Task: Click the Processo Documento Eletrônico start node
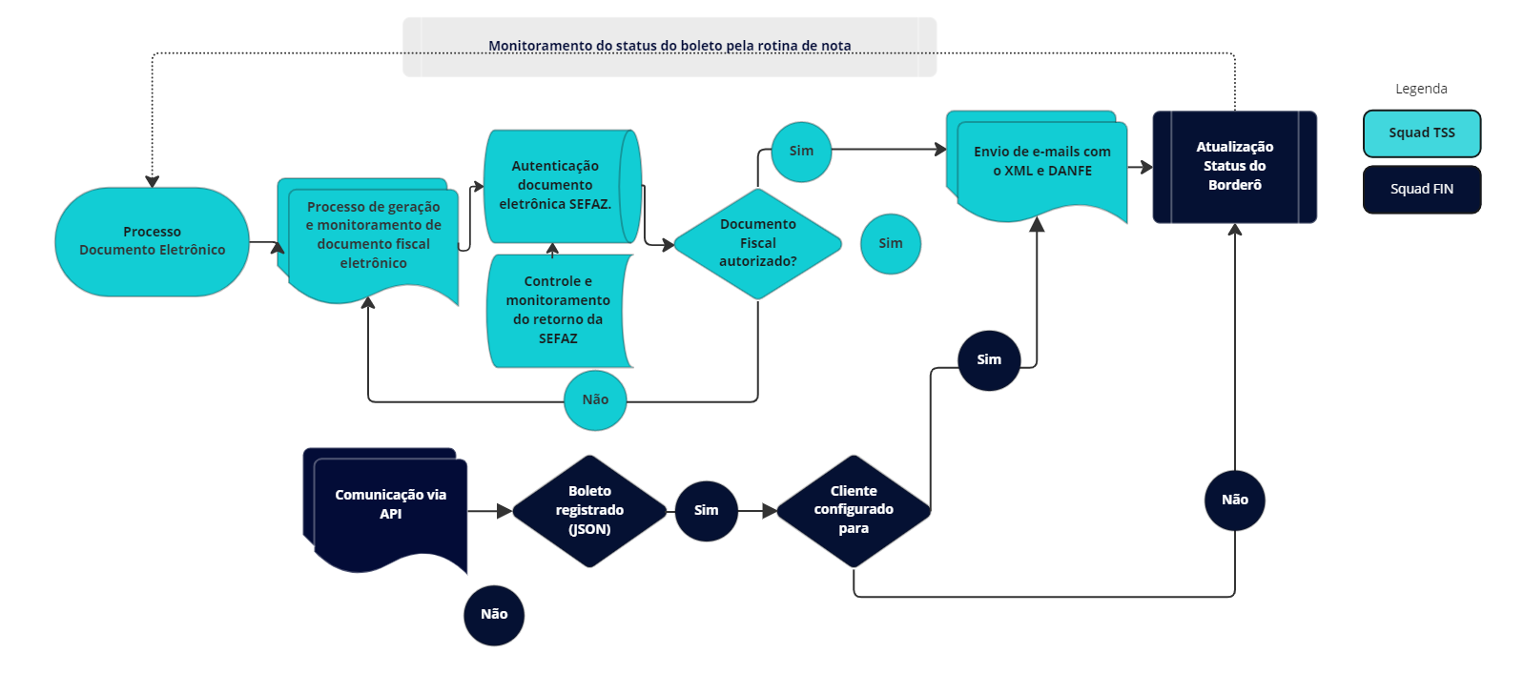[152, 241]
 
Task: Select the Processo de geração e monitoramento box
[373, 235]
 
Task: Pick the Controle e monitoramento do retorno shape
[558, 310]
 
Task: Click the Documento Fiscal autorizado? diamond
[757, 243]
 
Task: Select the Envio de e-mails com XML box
[1041, 162]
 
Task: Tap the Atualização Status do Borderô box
[1234, 167]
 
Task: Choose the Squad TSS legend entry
[1421, 133]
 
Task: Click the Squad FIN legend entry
[1421, 190]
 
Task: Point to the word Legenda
[1421, 89]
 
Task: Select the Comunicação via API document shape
[390, 505]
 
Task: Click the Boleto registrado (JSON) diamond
[589, 511]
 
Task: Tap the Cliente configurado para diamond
[853, 511]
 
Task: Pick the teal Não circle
[595, 400]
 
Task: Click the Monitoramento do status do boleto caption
[669, 46]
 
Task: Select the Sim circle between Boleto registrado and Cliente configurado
[706, 511]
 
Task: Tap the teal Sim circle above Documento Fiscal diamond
[801, 152]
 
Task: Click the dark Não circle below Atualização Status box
[1234, 500]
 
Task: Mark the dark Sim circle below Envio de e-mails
[989, 360]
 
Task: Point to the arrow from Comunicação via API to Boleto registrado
[490, 512]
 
